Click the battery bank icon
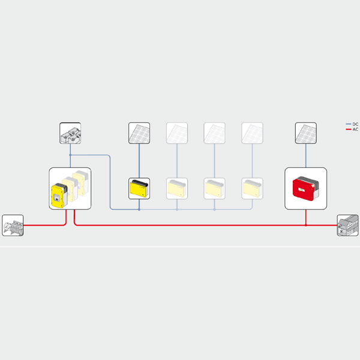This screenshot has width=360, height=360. click(x=70, y=133)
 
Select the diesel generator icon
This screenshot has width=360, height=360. click(x=13, y=226)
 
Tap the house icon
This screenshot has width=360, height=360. click(x=347, y=226)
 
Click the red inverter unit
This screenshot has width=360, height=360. click(x=305, y=188)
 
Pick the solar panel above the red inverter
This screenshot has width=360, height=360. click(x=306, y=133)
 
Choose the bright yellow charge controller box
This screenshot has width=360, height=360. click(x=139, y=188)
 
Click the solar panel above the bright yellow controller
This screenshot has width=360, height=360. click(x=139, y=133)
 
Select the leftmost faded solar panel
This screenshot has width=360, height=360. click(x=177, y=133)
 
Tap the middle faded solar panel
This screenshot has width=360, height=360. click(x=214, y=133)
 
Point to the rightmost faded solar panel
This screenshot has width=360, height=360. click(x=252, y=133)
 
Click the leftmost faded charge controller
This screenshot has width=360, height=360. click(x=177, y=188)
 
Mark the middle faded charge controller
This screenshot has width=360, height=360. click(x=214, y=188)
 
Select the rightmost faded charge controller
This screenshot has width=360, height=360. click(x=252, y=188)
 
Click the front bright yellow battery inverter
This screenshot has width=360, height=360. click(x=59, y=196)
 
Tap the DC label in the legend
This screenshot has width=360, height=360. click(x=355, y=124)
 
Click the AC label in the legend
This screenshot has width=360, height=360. click(x=355, y=130)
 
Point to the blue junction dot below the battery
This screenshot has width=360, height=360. click(x=70, y=155)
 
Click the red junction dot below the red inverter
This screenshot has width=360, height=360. click(x=306, y=225)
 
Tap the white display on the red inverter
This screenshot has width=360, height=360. click(x=301, y=190)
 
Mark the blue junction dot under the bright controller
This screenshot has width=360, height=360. click(x=139, y=209)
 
